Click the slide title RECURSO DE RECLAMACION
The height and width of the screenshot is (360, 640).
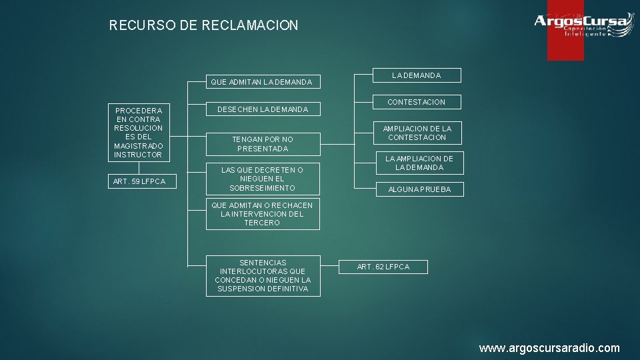click(x=203, y=26)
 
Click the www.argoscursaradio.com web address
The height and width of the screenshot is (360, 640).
click(x=549, y=348)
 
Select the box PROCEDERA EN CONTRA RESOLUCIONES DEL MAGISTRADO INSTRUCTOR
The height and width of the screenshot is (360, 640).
click(x=138, y=132)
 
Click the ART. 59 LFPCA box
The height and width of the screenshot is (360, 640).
click(x=138, y=181)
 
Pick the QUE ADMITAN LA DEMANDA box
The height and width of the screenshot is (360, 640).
click(x=262, y=82)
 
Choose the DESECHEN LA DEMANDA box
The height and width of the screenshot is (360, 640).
click(x=262, y=109)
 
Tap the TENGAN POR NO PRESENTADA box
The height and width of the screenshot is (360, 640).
click(x=262, y=144)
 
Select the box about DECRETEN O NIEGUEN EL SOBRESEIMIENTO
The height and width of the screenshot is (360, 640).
click(x=262, y=179)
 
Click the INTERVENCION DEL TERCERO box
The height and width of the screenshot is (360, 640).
click(x=262, y=214)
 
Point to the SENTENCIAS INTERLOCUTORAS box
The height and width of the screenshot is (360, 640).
click(x=262, y=275)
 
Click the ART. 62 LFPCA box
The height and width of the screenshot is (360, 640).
click(x=383, y=267)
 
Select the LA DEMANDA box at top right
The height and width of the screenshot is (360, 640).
click(x=416, y=75)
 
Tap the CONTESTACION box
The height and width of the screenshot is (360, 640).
click(x=416, y=102)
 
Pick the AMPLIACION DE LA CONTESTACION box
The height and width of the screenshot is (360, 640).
click(x=416, y=133)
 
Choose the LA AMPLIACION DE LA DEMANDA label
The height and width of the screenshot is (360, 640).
click(x=419, y=163)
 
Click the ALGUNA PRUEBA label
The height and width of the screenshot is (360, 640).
click(x=419, y=189)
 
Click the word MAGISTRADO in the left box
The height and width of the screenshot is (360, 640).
click(x=138, y=146)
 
